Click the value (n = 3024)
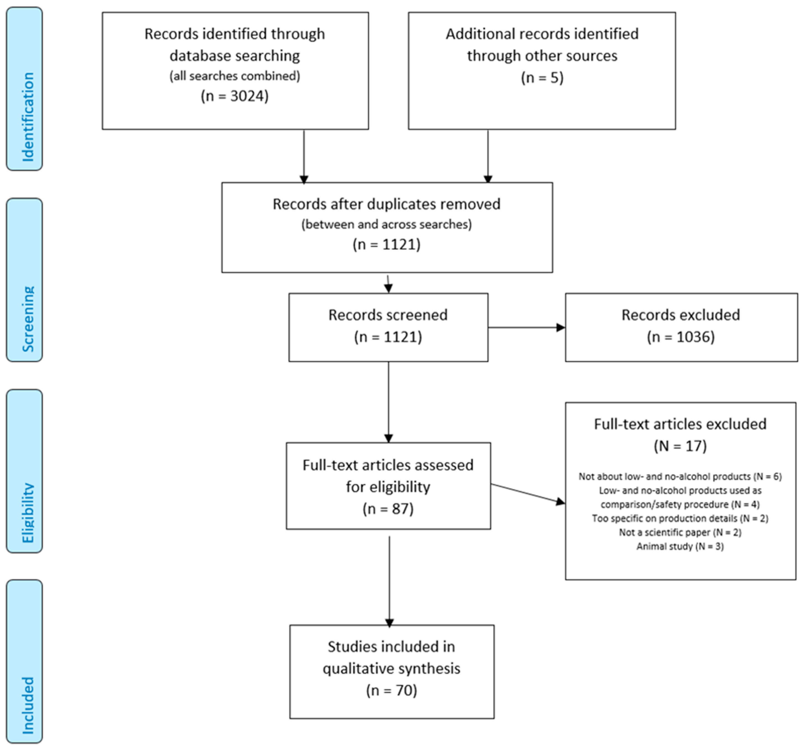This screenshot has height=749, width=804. [234, 96]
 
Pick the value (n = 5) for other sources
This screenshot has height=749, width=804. [542, 78]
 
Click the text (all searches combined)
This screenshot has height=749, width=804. [234, 76]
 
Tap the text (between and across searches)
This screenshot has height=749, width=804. [386, 224]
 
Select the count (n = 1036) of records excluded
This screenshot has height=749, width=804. [681, 337]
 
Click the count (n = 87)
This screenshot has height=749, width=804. [388, 509]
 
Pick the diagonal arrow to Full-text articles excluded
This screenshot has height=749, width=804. [528, 494]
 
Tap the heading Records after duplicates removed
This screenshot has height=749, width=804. [386, 204]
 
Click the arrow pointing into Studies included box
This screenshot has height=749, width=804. [389, 582]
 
